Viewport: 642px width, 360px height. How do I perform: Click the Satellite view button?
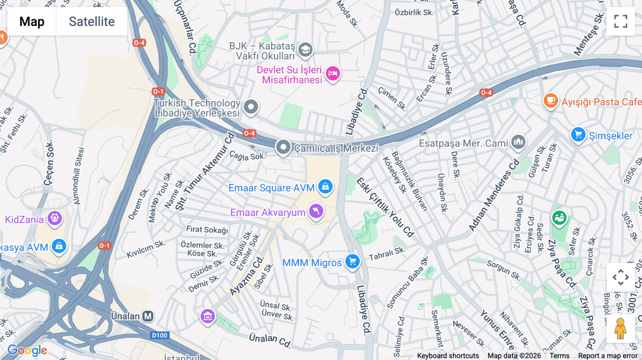pyautogui.click(x=92, y=21)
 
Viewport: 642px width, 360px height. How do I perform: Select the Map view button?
pyautogui.click(x=32, y=21)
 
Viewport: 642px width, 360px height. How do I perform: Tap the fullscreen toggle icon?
pyautogui.click(x=621, y=21)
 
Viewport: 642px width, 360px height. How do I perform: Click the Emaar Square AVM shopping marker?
pyautogui.click(x=325, y=186)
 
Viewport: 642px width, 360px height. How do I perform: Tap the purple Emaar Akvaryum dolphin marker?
pyautogui.click(x=316, y=211)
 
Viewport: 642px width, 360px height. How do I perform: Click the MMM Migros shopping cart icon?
pyautogui.click(x=352, y=262)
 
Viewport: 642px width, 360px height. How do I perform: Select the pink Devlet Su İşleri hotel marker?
pyautogui.click(x=333, y=73)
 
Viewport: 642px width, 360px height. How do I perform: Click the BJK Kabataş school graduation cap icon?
pyautogui.click(x=305, y=50)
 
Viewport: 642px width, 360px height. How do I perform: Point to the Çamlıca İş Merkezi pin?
pyautogui.click(x=283, y=147)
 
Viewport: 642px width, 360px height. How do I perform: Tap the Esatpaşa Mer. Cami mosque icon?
pyautogui.click(x=518, y=142)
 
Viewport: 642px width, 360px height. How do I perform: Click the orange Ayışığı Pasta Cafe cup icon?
pyautogui.click(x=550, y=101)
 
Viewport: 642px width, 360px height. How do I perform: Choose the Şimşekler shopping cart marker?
pyautogui.click(x=578, y=135)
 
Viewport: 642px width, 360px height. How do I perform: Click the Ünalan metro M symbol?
pyautogui.click(x=148, y=316)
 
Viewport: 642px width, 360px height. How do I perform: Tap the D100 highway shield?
pyautogui.click(x=159, y=335)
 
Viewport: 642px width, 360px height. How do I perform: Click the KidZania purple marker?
pyautogui.click(x=55, y=218)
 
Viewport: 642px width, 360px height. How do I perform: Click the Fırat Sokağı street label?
pyautogui.click(x=207, y=230)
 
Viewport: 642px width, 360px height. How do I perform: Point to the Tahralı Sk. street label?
pyautogui.click(x=387, y=254)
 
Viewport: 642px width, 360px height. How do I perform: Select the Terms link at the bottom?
pyautogui.click(x=559, y=355)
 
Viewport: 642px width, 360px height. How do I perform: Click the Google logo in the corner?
pyautogui.click(x=27, y=350)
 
